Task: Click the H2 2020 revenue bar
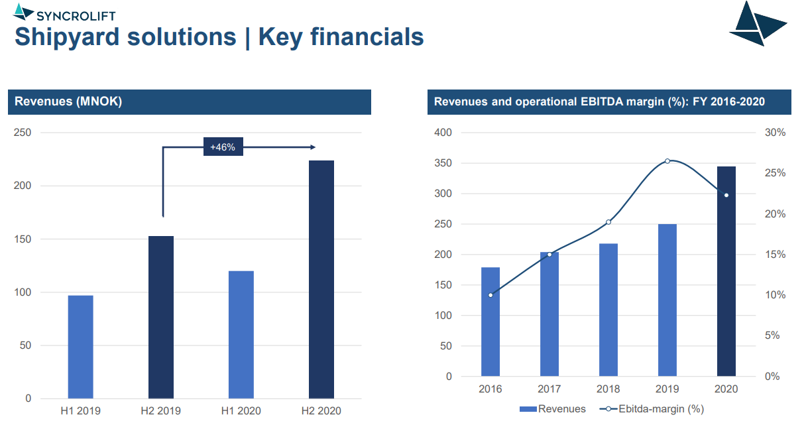coord(321,279)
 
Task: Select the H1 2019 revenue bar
coord(80,347)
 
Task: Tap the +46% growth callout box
coord(223,147)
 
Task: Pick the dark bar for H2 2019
coord(161,317)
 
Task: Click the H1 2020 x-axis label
coord(241,411)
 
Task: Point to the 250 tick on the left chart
coord(23,133)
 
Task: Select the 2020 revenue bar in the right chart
coord(726,271)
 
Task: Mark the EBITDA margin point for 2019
coord(667,160)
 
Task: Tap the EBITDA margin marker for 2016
coord(490,295)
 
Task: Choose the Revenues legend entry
coord(552,409)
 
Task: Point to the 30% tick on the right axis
coord(775,133)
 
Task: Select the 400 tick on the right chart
coord(443,133)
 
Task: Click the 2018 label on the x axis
coord(608,389)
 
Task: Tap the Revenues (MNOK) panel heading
coord(68,101)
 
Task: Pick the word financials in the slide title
coord(341,36)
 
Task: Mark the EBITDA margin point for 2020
coord(726,195)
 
